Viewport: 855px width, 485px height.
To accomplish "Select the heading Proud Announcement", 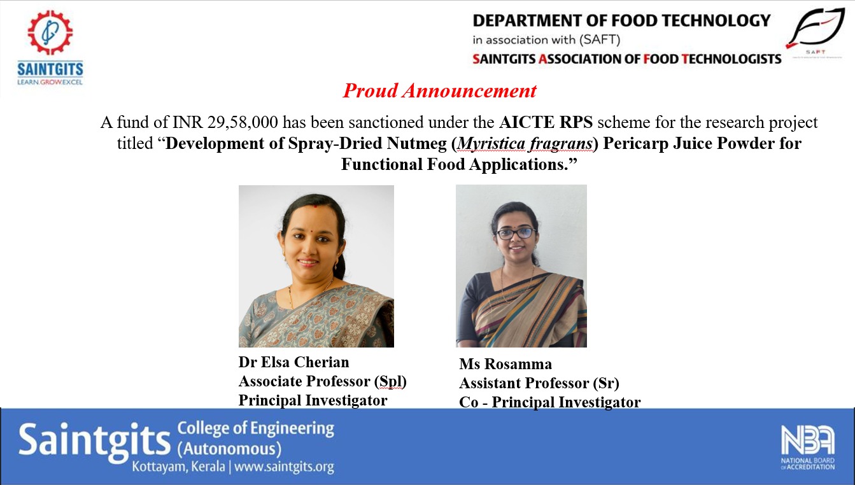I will pyautogui.click(x=440, y=91).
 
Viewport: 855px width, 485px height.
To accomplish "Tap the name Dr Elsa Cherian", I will pyautogui.click(x=293, y=362).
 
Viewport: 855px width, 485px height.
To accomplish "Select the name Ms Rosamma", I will pyautogui.click(x=505, y=364).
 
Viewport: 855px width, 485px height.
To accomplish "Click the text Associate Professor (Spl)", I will pyautogui.click(x=322, y=381).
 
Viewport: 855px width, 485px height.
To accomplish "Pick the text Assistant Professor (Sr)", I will pyautogui.click(x=539, y=383).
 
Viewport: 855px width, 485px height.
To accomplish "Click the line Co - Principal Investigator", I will pyautogui.click(x=549, y=402).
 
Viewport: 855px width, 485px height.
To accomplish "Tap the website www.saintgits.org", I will pyautogui.click(x=284, y=467).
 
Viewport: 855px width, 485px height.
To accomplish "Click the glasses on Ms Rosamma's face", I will pyautogui.click(x=516, y=233).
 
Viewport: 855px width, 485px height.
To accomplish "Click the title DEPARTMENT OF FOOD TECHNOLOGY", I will pyautogui.click(x=621, y=20).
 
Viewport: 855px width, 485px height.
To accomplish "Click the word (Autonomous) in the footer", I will pyautogui.click(x=229, y=449).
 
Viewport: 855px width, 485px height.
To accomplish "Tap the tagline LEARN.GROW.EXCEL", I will pyautogui.click(x=50, y=81).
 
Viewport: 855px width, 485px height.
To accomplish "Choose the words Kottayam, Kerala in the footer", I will pyautogui.click(x=178, y=467).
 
